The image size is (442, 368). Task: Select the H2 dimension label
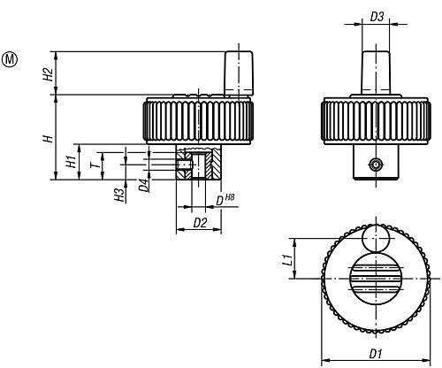pos(50,73)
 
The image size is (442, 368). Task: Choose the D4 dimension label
pos(142,186)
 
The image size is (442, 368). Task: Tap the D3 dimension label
pos(376,17)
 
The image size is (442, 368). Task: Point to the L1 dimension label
pos(286,260)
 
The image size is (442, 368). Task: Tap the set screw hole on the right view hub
pos(375,165)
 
